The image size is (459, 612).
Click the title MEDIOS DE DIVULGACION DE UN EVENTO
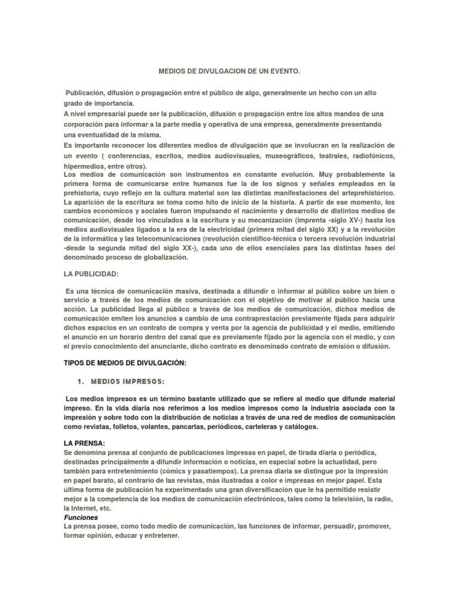point(229,72)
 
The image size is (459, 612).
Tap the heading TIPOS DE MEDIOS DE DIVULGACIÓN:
point(125,363)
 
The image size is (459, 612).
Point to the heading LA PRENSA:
point(84,443)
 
